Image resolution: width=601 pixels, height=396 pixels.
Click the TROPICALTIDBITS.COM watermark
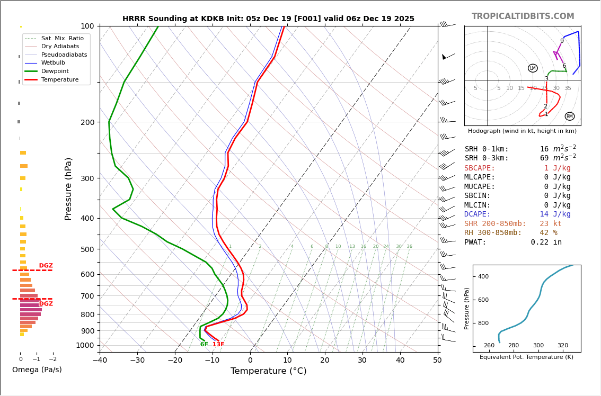click(x=523, y=16)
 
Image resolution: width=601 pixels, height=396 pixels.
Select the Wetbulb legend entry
click(x=53, y=62)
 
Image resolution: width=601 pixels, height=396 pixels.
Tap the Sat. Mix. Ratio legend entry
click(x=62, y=38)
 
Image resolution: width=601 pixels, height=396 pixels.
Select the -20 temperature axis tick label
click(x=175, y=361)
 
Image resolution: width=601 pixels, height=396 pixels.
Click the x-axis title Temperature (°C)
click(x=268, y=371)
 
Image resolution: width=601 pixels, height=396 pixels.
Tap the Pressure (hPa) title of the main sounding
click(x=69, y=188)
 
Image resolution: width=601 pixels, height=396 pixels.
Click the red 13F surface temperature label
click(x=218, y=345)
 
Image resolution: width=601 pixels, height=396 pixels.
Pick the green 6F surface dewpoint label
click(x=204, y=345)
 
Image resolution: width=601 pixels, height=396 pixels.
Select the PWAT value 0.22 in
click(x=546, y=242)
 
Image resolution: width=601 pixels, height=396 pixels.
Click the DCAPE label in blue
click(x=480, y=214)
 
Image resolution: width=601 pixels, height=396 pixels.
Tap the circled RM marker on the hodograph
click(x=569, y=116)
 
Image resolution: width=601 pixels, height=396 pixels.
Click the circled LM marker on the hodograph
click(x=533, y=68)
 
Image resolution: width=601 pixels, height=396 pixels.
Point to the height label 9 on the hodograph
click(x=562, y=41)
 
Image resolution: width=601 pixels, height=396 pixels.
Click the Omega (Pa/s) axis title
click(x=37, y=370)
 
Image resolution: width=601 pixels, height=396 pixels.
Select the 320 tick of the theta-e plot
click(x=562, y=345)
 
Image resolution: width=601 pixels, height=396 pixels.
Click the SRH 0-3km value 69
click(x=544, y=158)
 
